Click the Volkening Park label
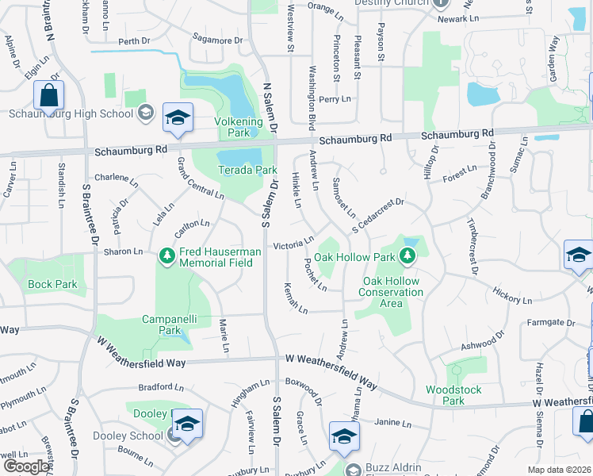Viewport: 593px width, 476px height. [238, 121]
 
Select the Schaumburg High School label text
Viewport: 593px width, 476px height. [71, 113]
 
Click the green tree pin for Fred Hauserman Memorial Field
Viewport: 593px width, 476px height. [166, 255]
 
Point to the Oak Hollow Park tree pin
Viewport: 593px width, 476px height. [407, 255]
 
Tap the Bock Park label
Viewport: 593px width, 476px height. [52, 284]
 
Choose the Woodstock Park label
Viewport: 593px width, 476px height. [445, 395]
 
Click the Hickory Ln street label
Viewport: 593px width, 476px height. [511, 296]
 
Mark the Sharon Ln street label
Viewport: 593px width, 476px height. [123, 251]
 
